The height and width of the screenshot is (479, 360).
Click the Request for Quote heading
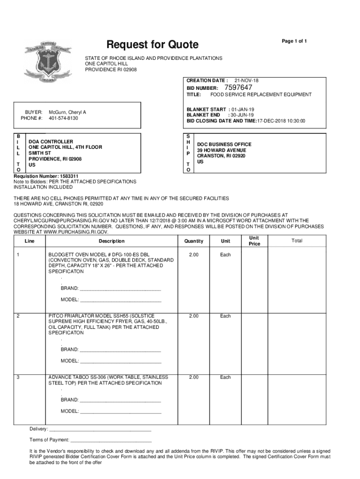[x=152, y=45]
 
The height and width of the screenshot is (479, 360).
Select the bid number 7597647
[x=238, y=87]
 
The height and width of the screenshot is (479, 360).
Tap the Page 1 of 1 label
[x=294, y=41]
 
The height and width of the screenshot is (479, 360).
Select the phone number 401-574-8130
[x=63, y=118]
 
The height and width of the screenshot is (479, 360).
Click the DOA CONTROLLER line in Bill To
[x=51, y=141]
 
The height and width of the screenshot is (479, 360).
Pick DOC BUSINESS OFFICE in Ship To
[x=224, y=144]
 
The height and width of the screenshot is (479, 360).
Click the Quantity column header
[x=194, y=241]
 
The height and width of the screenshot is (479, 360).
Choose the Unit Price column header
[x=254, y=241]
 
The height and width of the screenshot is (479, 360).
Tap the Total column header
[x=297, y=241]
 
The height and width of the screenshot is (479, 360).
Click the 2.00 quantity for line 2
[x=194, y=316]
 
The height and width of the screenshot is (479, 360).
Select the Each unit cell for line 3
[x=225, y=377]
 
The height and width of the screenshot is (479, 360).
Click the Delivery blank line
[x=100, y=429]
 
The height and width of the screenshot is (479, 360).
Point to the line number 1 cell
[x=18, y=255]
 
